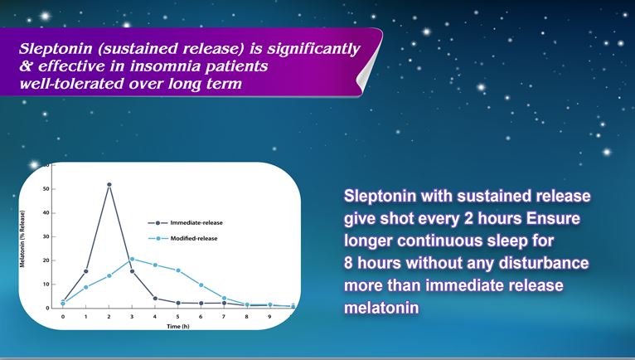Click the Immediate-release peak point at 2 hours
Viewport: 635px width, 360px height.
tap(109, 185)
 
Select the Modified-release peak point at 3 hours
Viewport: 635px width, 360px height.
tap(132, 259)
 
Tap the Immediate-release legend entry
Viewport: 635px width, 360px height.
tap(185, 222)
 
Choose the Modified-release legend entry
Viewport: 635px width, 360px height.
tap(183, 238)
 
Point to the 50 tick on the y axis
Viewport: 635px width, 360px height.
tap(46, 189)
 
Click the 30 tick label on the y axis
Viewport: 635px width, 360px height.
tap(46, 236)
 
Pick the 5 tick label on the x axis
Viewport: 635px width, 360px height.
tap(177, 317)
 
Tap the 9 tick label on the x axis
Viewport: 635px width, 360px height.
tap(269, 317)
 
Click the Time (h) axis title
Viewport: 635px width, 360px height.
tap(177, 326)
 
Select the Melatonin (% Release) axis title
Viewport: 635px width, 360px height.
tap(22, 239)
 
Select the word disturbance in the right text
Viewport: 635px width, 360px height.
tap(544, 263)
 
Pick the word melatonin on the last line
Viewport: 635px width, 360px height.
tap(381, 307)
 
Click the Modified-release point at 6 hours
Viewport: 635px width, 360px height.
tap(201, 285)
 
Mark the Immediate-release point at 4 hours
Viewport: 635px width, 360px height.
tap(155, 299)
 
